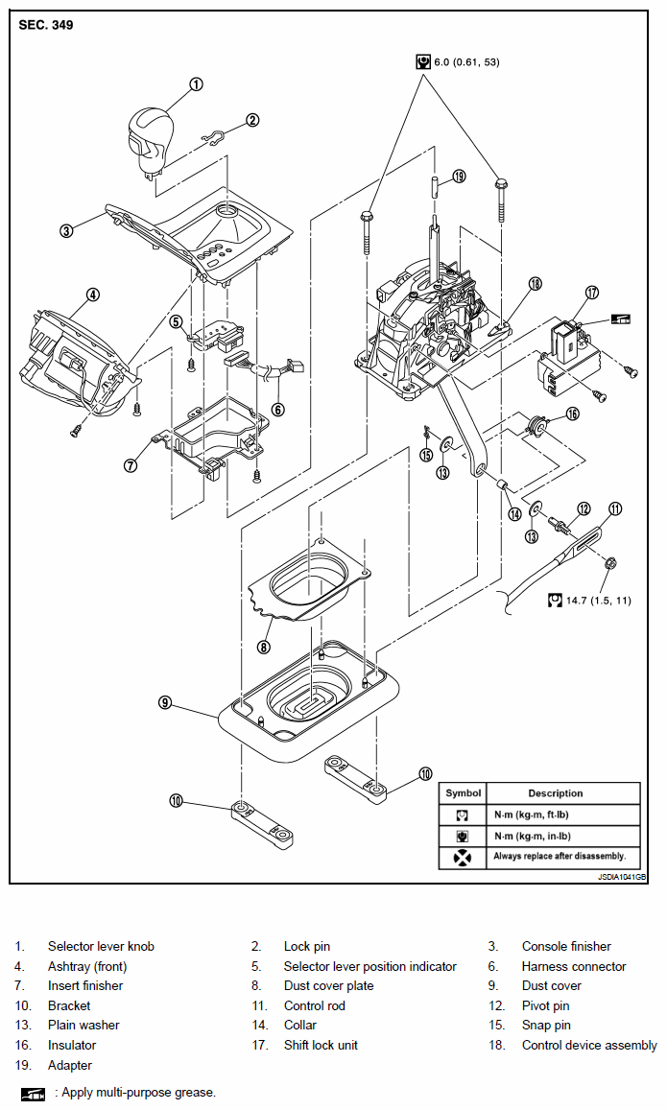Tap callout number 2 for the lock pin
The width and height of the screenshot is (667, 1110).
(252, 120)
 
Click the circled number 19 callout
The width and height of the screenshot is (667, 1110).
(459, 177)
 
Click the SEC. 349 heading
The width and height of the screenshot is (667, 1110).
(46, 26)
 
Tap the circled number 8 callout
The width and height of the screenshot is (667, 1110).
(263, 646)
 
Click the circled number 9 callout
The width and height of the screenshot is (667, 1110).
(165, 702)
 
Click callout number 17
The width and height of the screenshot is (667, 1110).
(592, 293)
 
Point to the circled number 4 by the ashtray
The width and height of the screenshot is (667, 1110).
(93, 295)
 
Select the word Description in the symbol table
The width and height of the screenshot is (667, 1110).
(555, 793)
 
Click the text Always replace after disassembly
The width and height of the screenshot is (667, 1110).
(560, 856)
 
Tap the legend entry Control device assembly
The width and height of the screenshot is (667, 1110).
(589, 1045)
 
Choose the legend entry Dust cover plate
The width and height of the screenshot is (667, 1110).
(328, 985)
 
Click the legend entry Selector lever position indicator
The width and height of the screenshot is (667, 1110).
(370, 966)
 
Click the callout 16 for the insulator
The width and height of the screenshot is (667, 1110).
(572, 413)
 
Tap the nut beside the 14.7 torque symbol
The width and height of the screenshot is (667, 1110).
(611, 563)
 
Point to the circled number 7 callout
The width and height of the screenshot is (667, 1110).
(131, 465)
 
